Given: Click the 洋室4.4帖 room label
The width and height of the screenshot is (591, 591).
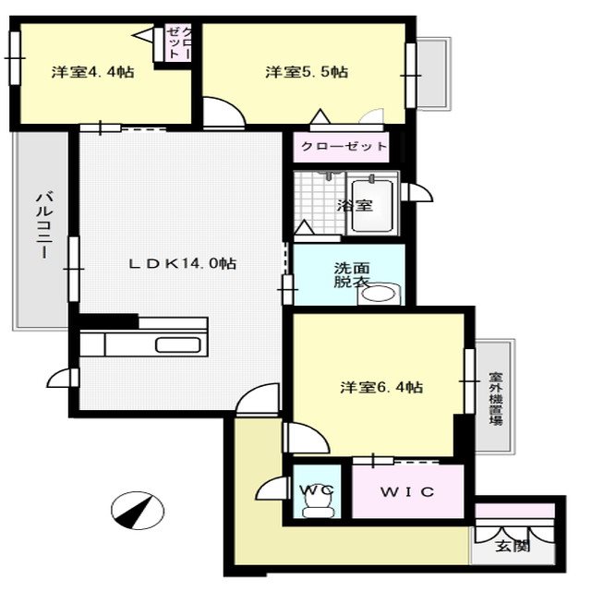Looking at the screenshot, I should coord(92,71).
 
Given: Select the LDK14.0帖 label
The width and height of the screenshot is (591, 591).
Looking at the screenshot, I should coord(182,263).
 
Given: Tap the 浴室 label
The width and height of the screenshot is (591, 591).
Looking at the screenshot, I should coord(355,205).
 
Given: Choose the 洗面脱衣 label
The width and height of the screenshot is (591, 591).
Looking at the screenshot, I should coord(351,275).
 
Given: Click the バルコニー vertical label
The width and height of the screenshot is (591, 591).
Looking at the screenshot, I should coord(42,228).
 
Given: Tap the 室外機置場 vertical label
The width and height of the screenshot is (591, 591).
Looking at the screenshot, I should coord(496,398).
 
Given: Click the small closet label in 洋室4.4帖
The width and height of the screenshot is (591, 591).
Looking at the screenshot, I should coord(179,43).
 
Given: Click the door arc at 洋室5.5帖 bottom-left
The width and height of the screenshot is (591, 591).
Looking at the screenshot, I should coord(222,113).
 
